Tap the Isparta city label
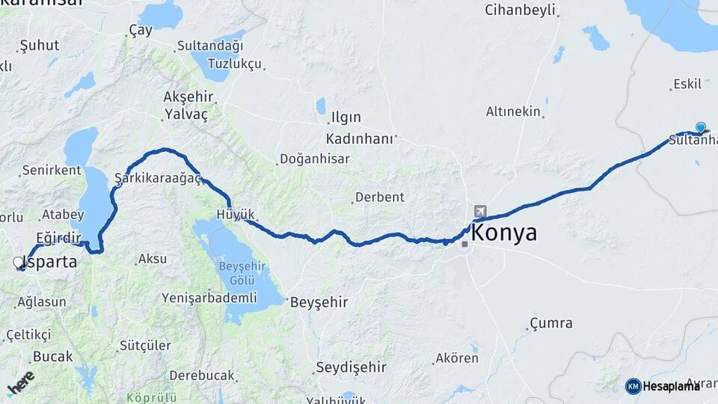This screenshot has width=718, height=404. click(x=51, y=262)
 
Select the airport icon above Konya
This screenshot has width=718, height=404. click(x=479, y=212)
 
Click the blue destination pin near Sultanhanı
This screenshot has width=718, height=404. click(x=700, y=128)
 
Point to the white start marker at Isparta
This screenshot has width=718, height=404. click(x=19, y=263)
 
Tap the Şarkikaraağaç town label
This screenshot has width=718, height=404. click(x=159, y=178)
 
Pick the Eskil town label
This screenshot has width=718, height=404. click(x=687, y=84)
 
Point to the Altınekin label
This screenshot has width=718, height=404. click(x=513, y=111)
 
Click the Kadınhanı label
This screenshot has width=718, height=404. click(x=359, y=138)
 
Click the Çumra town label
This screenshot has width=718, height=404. click(x=551, y=322)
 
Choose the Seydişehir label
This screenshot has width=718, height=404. click(x=351, y=367)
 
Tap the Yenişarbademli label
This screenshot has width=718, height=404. click(x=209, y=297)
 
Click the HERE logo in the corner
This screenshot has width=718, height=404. click(x=20, y=383)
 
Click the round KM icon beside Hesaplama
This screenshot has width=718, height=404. click(x=633, y=386)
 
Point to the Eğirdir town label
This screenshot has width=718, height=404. click(x=58, y=237)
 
